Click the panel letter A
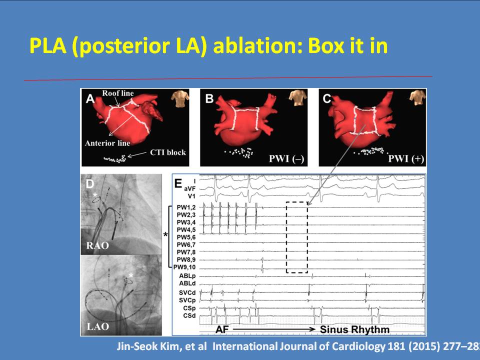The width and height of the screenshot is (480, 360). point(90,99)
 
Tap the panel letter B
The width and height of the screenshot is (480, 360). point(209,99)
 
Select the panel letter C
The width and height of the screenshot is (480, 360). point(327,99)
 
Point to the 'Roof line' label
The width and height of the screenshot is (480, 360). point(118,93)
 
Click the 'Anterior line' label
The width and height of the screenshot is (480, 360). point(107,143)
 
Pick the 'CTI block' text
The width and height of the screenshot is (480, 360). point(168,152)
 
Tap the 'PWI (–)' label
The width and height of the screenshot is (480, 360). point(286,159)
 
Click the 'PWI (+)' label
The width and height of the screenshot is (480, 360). point(406,159)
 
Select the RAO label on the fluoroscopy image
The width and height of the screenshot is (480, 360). point(97,245)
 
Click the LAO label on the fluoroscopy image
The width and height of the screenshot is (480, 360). point(97,326)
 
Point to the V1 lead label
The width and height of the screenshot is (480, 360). point(191,196)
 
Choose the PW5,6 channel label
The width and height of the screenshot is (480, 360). point(186,237)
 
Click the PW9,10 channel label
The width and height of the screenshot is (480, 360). point(184,267)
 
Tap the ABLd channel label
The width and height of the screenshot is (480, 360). point(187,283)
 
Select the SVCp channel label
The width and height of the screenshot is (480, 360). point(187,300)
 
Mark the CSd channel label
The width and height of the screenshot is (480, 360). point(189,315)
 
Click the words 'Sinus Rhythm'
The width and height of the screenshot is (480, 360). point(354,329)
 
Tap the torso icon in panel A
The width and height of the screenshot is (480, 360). point(180,98)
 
